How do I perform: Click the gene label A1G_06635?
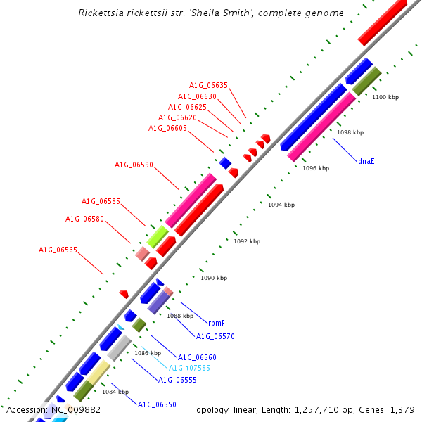click(208, 86)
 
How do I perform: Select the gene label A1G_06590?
click(134, 165)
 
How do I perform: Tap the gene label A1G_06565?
click(58, 250)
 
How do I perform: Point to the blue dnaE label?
click(366, 161)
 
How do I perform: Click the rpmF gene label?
click(216, 324)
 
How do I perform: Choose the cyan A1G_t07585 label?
click(189, 368)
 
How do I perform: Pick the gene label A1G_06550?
click(157, 404)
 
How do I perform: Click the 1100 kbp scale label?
click(385, 97)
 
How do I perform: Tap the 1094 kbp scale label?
click(281, 205)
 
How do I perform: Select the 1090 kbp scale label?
click(214, 278)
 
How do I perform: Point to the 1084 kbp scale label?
click(115, 392)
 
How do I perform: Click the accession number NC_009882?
click(75, 409)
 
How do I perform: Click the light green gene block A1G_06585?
click(158, 236)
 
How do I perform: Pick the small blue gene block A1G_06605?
click(225, 163)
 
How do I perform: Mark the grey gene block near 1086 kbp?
click(119, 348)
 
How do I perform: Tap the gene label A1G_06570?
click(215, 336)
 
